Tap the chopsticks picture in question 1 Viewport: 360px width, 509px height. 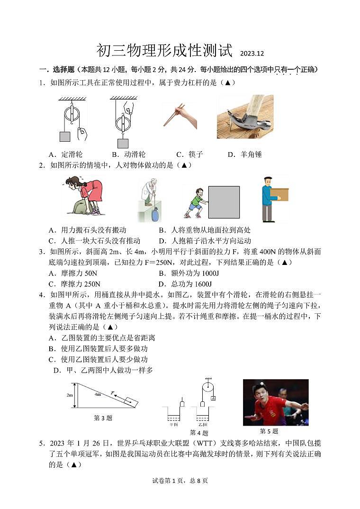click(x=180, y=116)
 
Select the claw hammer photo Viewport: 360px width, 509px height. click(x=245, y=117)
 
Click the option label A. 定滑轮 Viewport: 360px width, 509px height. click(x=65, y=155)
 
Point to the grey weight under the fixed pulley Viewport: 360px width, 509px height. click(x=65, y=136)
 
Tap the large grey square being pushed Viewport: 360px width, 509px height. click(x=224, y=202)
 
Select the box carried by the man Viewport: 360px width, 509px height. click(x=279, y=194)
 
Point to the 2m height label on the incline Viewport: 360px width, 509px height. click(x=70, y=395)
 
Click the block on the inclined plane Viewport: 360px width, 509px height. click(x=130, y=402)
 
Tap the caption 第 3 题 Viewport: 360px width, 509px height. click(x=103, y=418)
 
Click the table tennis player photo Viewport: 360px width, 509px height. click(x=276, y=402)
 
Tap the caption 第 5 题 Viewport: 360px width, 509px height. click(x=269, y=431)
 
